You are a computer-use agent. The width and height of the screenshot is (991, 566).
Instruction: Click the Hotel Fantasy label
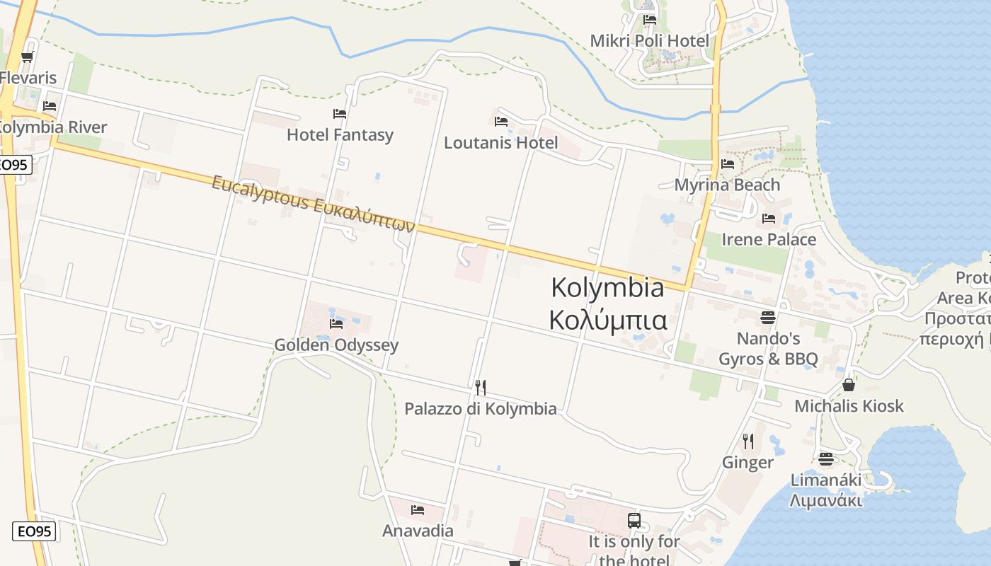pyautogui.click(x=340, y=134)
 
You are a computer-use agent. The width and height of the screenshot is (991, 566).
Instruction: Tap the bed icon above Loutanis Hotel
pyautogui.click(x=501, y=121)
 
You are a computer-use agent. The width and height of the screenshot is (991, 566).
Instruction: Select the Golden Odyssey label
pyautogui.click(x=336, y=345)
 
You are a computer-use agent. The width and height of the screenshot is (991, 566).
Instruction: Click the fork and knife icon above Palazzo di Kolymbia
pyautogui.click(x=480, y=387)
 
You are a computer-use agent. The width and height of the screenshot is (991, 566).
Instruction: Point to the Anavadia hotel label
pyautogui.click(x=418, y=531)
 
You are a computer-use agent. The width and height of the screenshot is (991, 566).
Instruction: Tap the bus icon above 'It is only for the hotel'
pyautogui.click(x=634, y=521)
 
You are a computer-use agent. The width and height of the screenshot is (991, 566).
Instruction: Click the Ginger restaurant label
pyautogui.click(x=747, y=463)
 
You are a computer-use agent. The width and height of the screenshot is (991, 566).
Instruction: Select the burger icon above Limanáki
pyautogui.click(x=825, y=459)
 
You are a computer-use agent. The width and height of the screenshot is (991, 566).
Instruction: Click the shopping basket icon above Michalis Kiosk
pyautogui.click(x=849, y=385)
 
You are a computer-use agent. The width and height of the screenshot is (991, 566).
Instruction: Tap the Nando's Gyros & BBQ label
pyautogui.click(x=768, y=349)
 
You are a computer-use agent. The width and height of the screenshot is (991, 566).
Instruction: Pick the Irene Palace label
pyautogui.click(x=769, y=239)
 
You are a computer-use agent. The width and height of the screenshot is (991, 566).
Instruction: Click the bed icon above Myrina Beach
pyautogui.click(x=727, y=164)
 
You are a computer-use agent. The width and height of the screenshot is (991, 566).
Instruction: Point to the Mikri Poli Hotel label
pyautogui.click(x=649, y=40)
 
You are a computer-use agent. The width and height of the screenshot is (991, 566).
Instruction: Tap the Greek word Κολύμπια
pyautogui.click(x=608, y=320)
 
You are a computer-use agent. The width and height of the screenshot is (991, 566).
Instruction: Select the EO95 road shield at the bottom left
pyautogui.click(x=33, y=531)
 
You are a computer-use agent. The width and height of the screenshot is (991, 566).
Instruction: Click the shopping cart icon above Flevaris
pyautogui.click(x=27, y=57)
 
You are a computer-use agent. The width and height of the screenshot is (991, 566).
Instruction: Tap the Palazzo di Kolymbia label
pyautogui.click(x=480, y=409)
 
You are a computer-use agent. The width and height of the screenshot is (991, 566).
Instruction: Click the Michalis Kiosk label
pyautogui.click(x=849, y=406)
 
